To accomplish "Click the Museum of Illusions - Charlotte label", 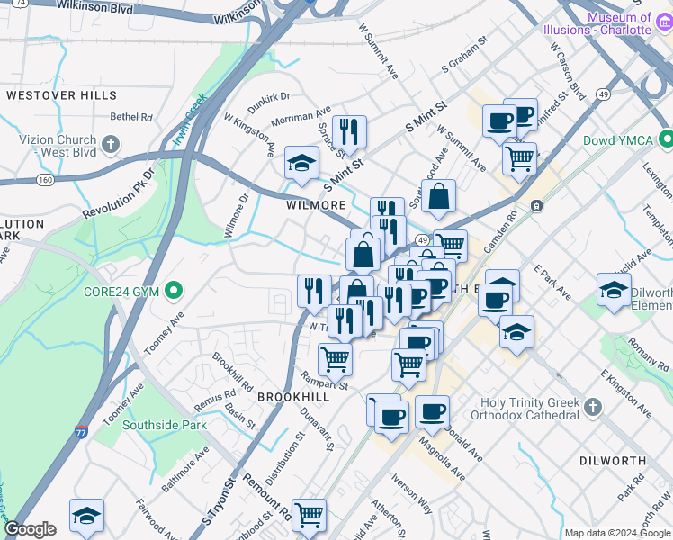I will click(604, 23).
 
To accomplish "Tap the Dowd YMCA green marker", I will click(665, 139).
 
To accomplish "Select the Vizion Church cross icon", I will click(110, 145).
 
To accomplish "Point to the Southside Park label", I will click(165, 425).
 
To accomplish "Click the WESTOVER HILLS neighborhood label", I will click(61, 95).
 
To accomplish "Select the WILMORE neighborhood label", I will click(316, 205).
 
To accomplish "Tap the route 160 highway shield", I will click(44, 180).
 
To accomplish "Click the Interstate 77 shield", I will click(82, 433).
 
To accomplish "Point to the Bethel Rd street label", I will click(131, 116).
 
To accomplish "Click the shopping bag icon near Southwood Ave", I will click(438, 195).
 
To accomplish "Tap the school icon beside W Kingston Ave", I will click(302, 162).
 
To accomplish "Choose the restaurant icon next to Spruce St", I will click(349, 130).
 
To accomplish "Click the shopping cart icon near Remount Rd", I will click(309, 514).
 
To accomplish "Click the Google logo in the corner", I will click(31, 529).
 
